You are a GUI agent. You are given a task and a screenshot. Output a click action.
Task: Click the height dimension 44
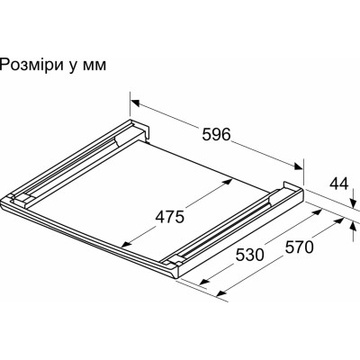338,184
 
